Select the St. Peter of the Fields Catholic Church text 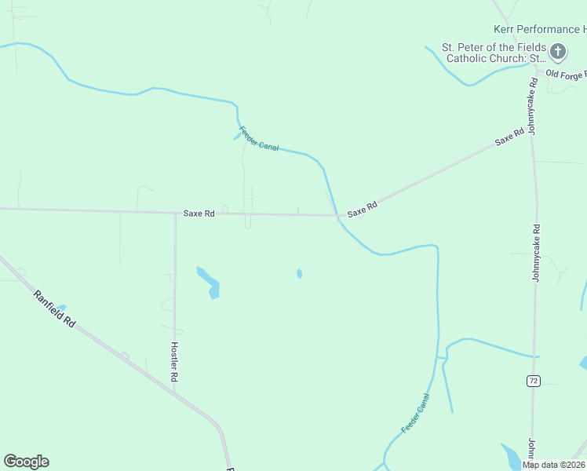click(x=494, y=53)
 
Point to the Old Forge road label click(x=565, y=75)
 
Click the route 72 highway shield click(x=534, y=381)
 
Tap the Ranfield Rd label click(x=54, y=309)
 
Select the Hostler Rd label click(x=174, y=362)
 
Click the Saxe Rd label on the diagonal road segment click(x=509, y=137)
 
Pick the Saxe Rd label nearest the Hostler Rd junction click(x=199, y=213)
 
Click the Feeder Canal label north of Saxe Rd click(x=259, y=139)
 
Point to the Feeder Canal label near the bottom click(x=415, y=413)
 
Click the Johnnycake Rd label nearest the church click(x=533, y=106)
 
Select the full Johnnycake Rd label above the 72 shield click(x=537, y=253)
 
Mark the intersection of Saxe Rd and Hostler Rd click(x=175, y=213)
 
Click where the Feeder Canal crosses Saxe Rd click(x=337, y=215)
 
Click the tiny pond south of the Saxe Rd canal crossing click(x=299, y=273)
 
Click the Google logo click(x=26, y=462)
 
